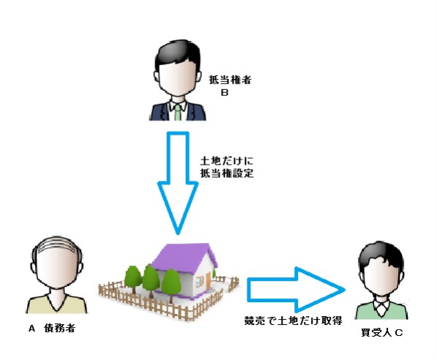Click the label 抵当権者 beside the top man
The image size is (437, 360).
230,80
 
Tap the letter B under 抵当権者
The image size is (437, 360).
225,92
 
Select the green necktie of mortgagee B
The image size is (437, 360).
178,112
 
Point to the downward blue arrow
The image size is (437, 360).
178,182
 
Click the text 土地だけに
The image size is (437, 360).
226,161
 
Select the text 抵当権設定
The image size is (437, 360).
227,173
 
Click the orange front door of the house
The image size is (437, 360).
208,281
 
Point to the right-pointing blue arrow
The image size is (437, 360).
296,290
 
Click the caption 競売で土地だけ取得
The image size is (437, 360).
294,320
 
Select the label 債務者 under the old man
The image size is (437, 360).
59,329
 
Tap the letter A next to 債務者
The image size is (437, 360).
31,329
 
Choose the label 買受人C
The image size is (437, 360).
382,333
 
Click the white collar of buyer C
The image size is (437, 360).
382,305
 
